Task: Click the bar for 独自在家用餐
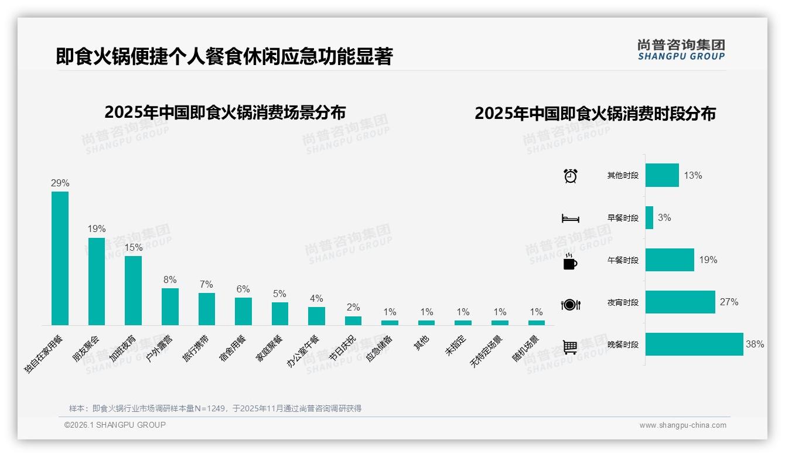click(x=60, y=258)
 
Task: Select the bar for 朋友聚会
click(x=97, y=281)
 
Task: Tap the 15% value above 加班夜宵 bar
click(x=134, y=248)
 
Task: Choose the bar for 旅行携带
click(x=207, y=309)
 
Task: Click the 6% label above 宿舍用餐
click(x=243, y=289)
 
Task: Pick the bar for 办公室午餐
click(x=316, y=316)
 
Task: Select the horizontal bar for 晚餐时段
click(x=694, y=345)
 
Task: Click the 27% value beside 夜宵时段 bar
click(x=729, y=302)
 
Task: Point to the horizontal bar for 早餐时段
click(x=649, y=217)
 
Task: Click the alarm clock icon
click(x=570, y=175)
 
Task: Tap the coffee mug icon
click(x=570, y=261)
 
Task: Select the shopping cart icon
click(x=570, y=347)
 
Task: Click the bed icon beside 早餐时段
click(x=570, y=219)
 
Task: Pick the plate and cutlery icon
click(x=570, y=304)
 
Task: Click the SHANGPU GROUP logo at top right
click(x=681, y=50)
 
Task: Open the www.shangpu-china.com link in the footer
click(x=682, y=425)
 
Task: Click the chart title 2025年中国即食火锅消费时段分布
click(x=595, y=114)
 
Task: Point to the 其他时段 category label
click(x=623, y=175)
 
